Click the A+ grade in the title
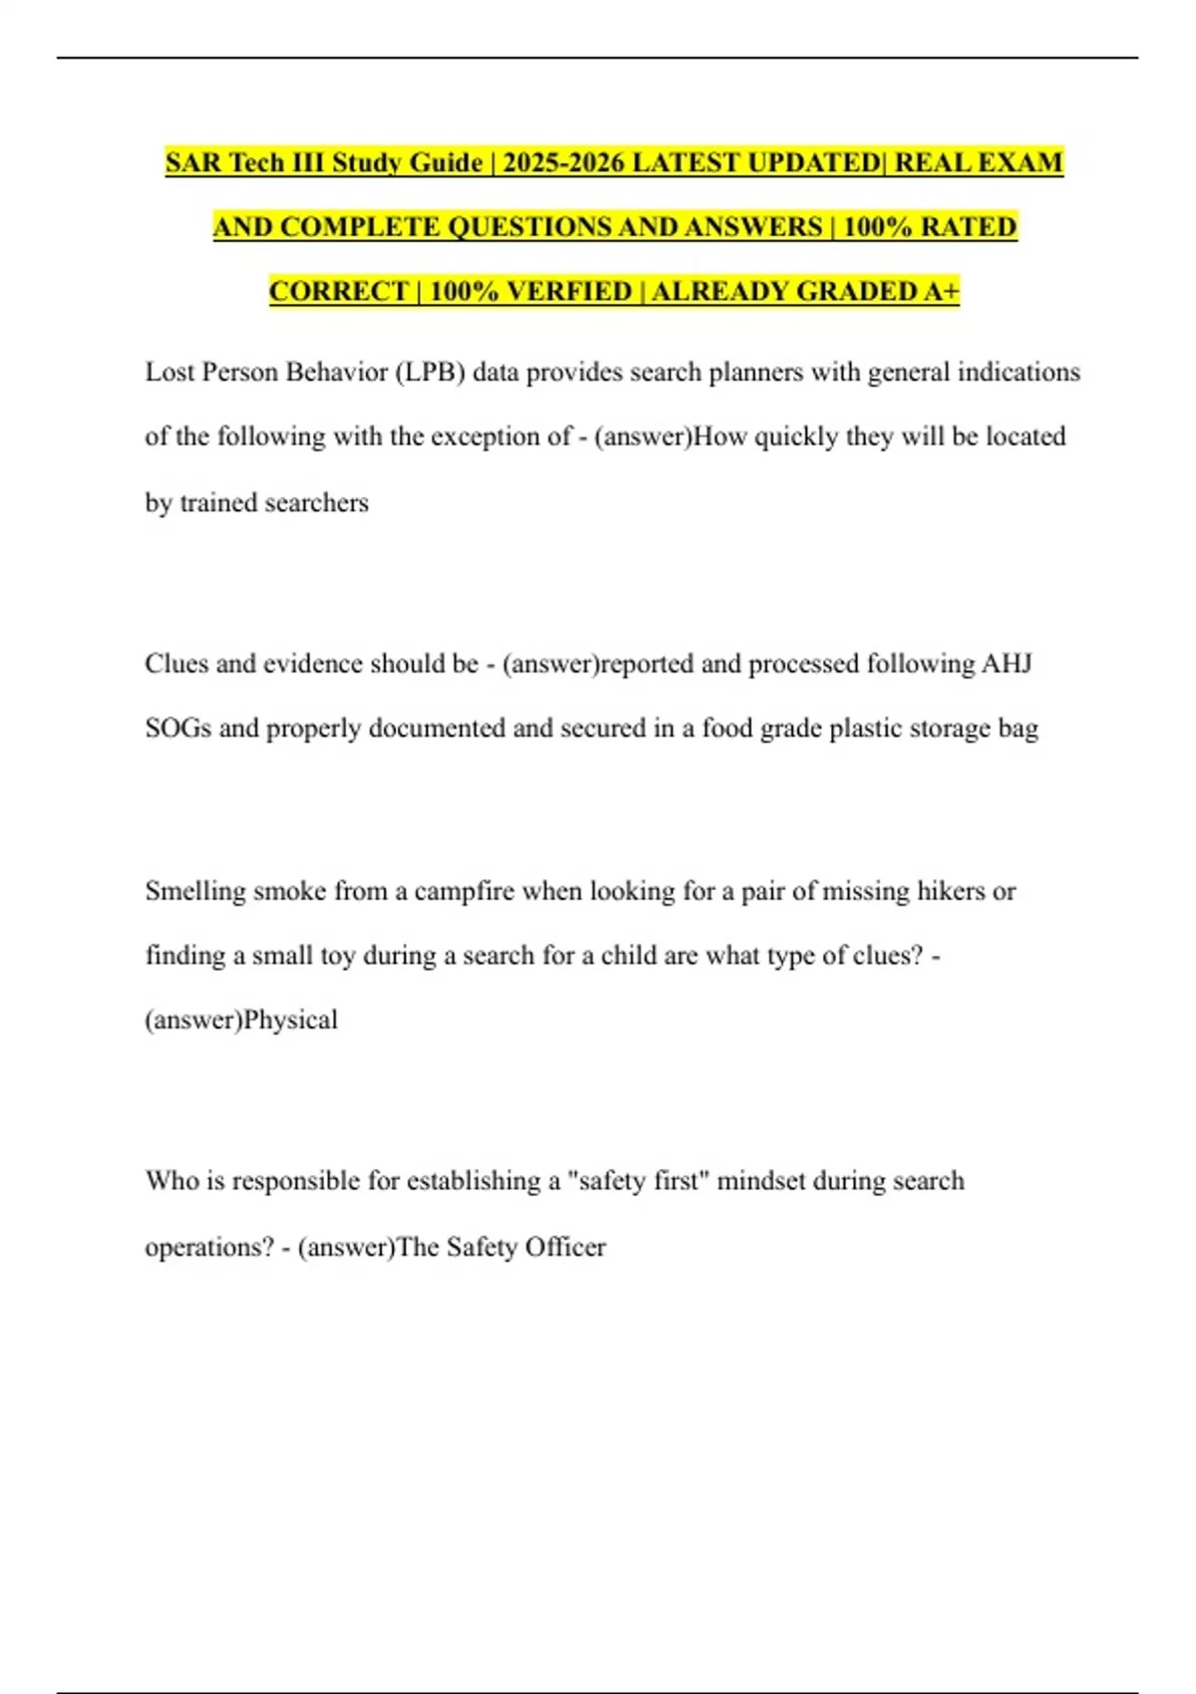point(941,291)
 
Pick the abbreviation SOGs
point(178,728)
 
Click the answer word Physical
point(290,1020)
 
